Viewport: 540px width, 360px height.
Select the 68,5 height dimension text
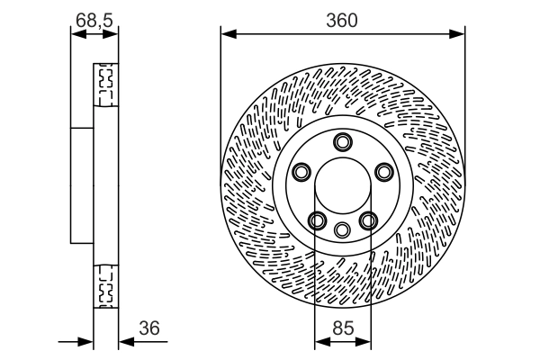94,18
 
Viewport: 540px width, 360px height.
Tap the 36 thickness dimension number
150,329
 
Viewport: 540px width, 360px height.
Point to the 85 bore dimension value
341,329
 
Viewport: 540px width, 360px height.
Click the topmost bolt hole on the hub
342,141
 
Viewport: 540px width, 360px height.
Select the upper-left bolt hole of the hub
301,171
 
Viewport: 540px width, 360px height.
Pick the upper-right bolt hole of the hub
383,171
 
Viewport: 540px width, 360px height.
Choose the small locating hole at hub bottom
342,229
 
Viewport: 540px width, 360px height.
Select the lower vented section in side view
105,285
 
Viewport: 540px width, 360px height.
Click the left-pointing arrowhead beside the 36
124,342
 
